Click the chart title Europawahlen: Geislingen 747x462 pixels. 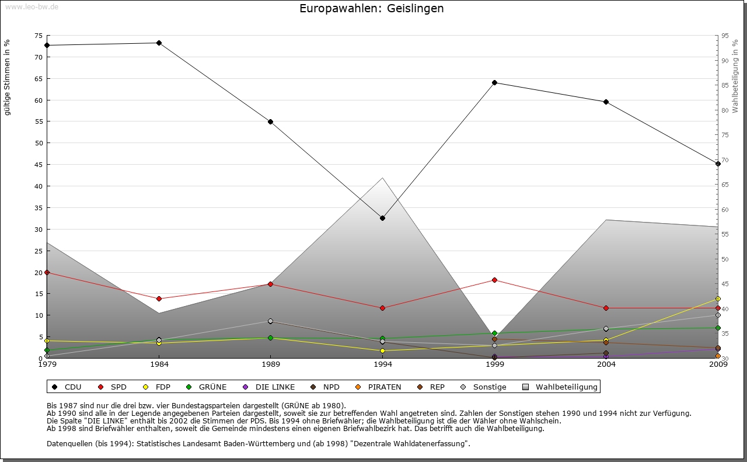[371, 8]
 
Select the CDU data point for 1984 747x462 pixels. [159, 43]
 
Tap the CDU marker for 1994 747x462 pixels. [382, 218]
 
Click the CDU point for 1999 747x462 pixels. [494, 82]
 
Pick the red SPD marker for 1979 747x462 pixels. [47, 272]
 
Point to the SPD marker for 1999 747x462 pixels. [494, 280]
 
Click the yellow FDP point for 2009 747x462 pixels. [718, 299]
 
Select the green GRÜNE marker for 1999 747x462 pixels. [494, 334]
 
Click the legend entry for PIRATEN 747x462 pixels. [379, 387]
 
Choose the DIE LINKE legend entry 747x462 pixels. [269, 387]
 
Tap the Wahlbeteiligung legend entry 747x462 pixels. [560, 387]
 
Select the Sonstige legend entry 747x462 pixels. [484, 387]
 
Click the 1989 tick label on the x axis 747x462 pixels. [271, 365]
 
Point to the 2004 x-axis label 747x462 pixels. [606, 365]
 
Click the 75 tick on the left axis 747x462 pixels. [39, 36]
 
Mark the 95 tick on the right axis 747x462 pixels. [725, 36]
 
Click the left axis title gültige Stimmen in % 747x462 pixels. [8, 78]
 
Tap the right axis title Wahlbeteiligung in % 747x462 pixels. [735, 77]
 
